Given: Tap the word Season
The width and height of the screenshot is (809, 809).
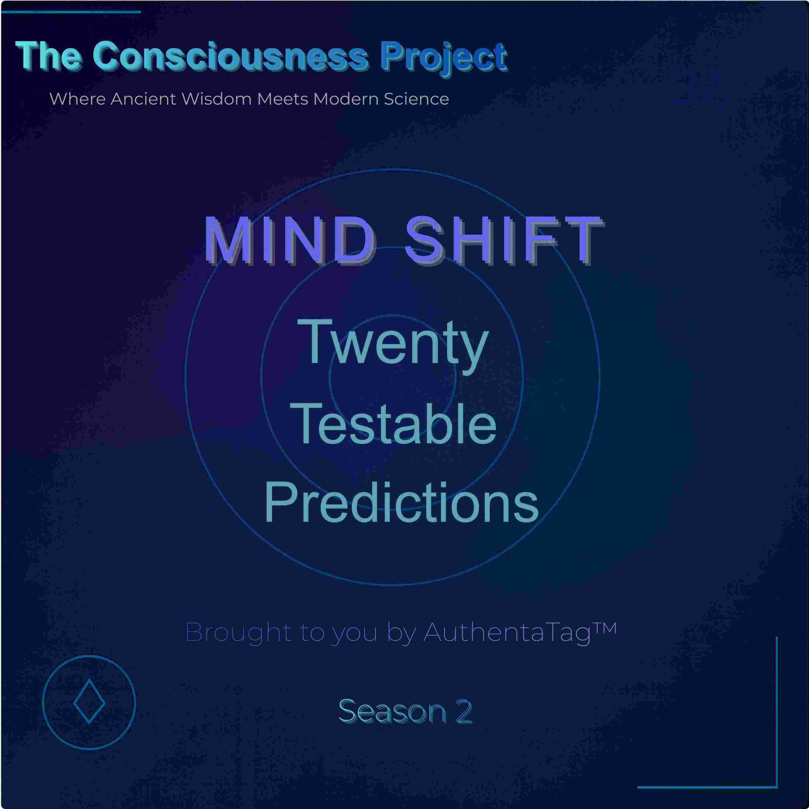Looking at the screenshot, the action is [392, 711].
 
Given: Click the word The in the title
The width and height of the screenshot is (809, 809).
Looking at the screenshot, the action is [49, 56].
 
